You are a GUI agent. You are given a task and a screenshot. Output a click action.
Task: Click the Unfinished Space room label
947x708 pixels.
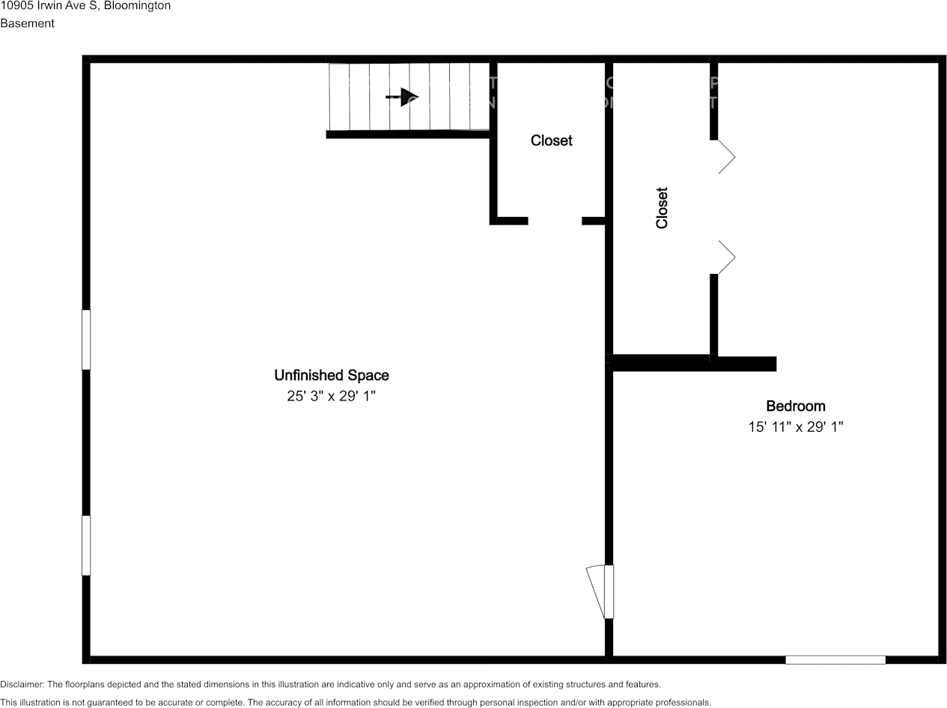pyautogui.click(x=331, y=375)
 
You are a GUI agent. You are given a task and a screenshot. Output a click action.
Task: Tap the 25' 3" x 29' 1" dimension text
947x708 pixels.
pyautogui.click(x=331, y=396)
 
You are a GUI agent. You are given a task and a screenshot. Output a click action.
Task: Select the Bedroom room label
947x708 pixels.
pyautogui.click(x=795, y=406)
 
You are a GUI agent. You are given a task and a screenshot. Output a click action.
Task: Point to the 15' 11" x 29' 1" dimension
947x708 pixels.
pyautogui.click(x=795, y=427)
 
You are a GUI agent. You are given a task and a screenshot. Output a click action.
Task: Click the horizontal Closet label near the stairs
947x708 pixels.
pyautogui.click(x=551, y=140)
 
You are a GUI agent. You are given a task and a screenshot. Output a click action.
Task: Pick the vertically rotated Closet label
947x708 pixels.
pyautogui.click(x=661, y=207)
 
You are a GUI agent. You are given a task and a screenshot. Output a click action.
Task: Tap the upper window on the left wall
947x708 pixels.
pyautogui.click(x=86, y=339)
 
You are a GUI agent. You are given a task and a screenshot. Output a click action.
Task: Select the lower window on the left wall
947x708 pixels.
pyautogui.click(x=86, y=545)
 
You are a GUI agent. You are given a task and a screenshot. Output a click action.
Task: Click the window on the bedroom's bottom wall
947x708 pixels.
pyautogui.click(x=835, y=659)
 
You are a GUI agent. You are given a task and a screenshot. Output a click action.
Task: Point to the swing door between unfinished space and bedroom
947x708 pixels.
pyautogui.click(x=599, y=591)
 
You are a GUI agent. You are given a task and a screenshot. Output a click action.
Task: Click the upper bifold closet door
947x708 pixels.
pyautogui.click(x=725, y=156)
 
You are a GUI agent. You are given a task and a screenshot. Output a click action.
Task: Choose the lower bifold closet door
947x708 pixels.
pyautogui.click(x=725, y=257)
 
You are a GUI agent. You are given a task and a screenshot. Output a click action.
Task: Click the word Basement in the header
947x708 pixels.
pyautogui.click(x=27, y=23)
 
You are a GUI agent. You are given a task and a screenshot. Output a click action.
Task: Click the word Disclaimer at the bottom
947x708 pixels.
pyautogui.click(x=22, y=684)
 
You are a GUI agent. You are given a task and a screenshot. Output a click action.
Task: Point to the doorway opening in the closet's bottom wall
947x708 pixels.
pyautogui.click(x=555, y=221)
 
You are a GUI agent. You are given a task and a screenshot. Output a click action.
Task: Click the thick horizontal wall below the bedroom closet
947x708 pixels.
pyautogui.click(x=693, y=364)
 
